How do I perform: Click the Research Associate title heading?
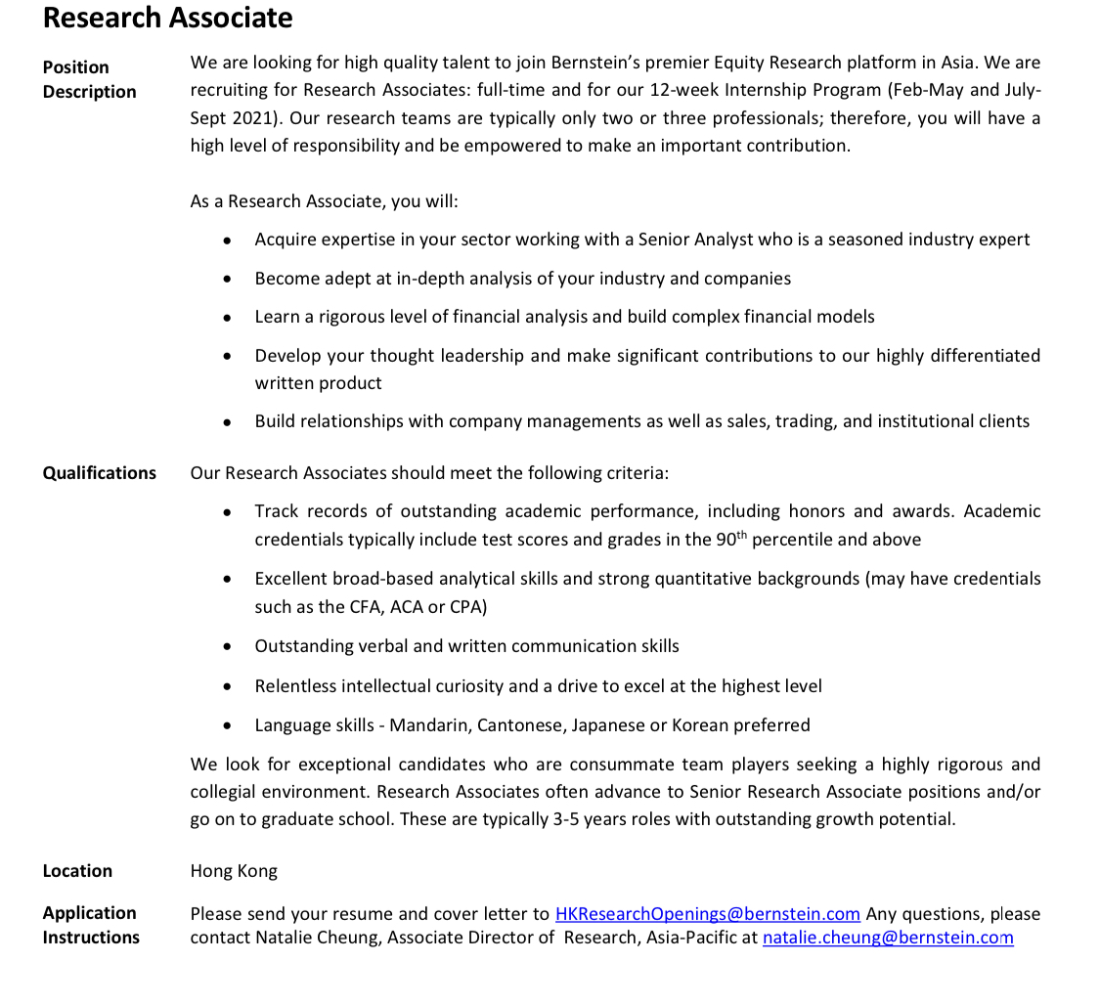tap(167, 18)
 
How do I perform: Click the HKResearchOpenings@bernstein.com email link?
tap(707, 914)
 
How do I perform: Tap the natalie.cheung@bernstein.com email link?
tap(887, 939)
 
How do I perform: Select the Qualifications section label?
tap(99, 473)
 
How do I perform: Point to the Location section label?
tap(77, 871)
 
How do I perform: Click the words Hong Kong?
tap(234, 871)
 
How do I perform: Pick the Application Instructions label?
tap(90, 925)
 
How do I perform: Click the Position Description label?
tap(89, 79)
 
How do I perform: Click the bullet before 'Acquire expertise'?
tap(228, 240)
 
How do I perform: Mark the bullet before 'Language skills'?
tap(228, 726)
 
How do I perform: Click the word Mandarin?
tap(431, 725)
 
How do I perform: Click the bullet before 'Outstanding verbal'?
tap(228, 647)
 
